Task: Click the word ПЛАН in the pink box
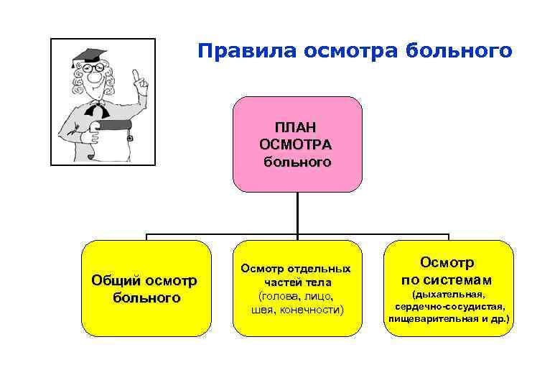[x=297, y=126]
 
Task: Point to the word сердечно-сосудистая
[x=449, y=306]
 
